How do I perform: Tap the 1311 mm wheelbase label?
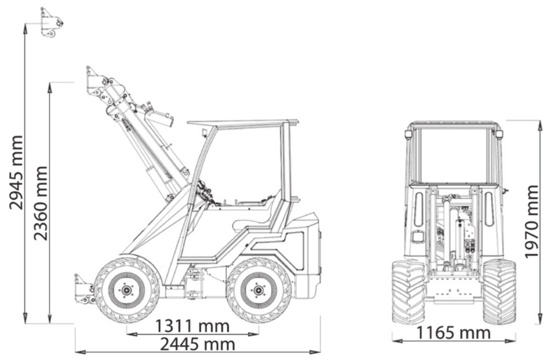[x=193, y=327]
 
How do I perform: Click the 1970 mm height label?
[x=532, y=221]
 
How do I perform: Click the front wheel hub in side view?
[x=126, y=290]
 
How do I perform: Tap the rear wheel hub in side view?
[x=258, y=290]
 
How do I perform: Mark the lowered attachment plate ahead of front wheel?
[x=83, y=289]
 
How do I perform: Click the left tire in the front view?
[x=409, y=291]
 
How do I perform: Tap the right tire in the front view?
[x=499, y=291]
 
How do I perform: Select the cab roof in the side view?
[x=243, y=123]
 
